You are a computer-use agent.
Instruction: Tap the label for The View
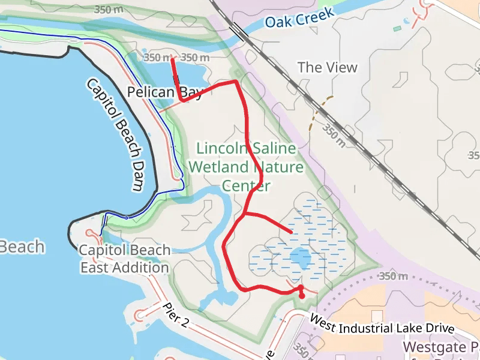click(327, 67)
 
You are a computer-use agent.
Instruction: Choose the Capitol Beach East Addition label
click(125, 259)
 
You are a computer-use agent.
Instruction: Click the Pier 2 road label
click(176, 316)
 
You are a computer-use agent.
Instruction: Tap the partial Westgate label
click(441, 347)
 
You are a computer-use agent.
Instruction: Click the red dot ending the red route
click(302, 295)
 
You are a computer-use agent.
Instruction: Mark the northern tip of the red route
click(173, 59)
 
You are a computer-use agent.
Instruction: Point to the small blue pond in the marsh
click(299, 259)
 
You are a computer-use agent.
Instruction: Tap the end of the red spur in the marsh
click(292, 232)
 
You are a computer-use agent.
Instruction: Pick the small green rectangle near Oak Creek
click(397, 28)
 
